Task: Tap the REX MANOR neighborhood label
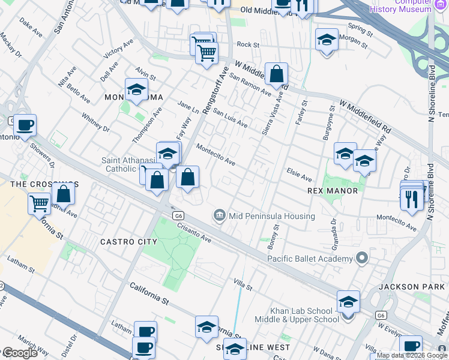(x=333, y=191)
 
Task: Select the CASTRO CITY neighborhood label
(x=129, y=242)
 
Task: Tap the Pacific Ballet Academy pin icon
(x=361, y=259)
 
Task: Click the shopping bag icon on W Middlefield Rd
(x=276, y=75)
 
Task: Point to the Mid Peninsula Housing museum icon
(x=219, y=215)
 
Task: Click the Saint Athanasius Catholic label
(x=127, y=164)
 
